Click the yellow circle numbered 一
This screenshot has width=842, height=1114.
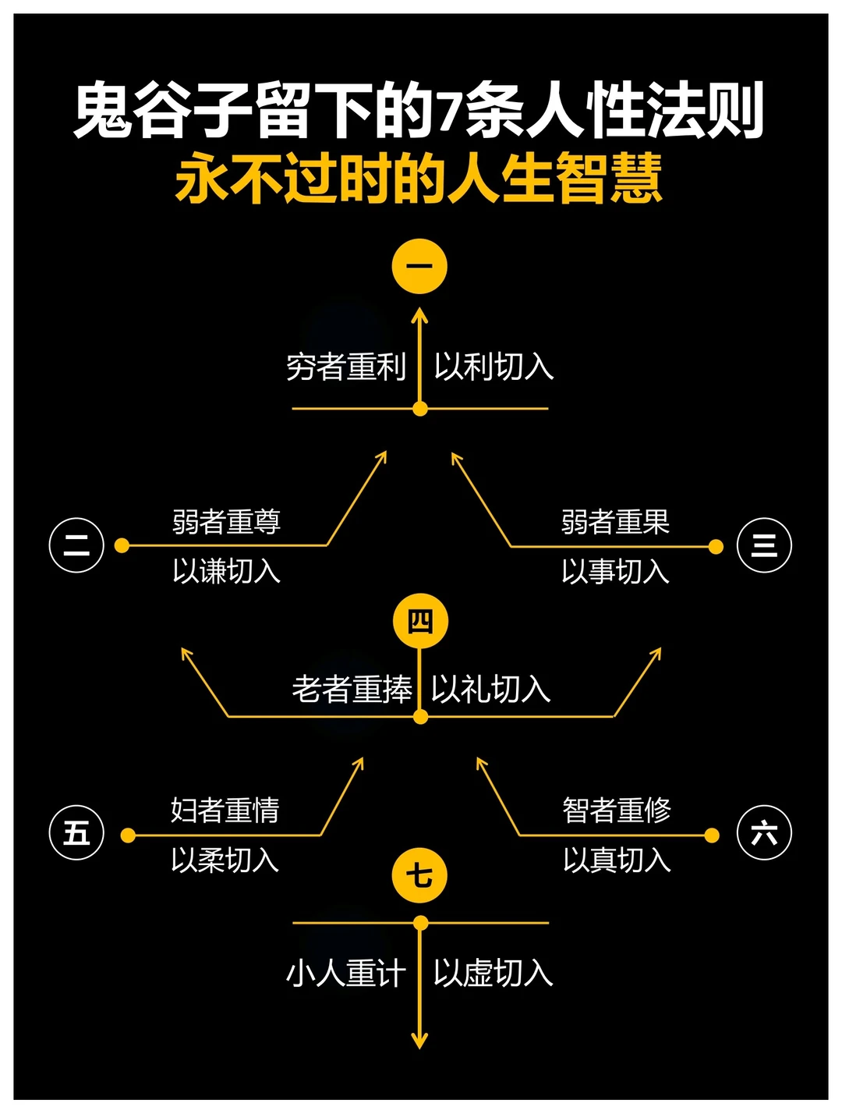pos(419,266)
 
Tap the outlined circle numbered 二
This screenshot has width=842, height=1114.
pos(76,545)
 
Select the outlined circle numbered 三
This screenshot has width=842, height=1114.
pos(764,545)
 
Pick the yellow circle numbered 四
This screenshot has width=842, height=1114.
pos(420,622)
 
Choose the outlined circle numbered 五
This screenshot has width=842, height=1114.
pos(76,832)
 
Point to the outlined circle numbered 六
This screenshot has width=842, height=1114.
pos(764,833)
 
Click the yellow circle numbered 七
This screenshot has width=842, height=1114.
pos(419,875)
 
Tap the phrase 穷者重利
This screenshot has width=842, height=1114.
pos(346,367)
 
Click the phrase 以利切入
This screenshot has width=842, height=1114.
pos(494,367)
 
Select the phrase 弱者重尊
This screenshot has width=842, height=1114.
pos(226,522)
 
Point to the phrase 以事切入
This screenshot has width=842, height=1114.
pos(615,572)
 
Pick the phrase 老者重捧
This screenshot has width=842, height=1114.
pos(352,690)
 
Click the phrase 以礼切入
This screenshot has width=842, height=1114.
pos(491,690)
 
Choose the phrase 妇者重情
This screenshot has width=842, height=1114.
pos(225,811)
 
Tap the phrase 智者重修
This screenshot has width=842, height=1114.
pos(617,811)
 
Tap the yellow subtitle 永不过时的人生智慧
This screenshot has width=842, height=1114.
pos(419,179)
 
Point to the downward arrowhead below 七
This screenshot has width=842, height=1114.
pos(419,1041)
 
